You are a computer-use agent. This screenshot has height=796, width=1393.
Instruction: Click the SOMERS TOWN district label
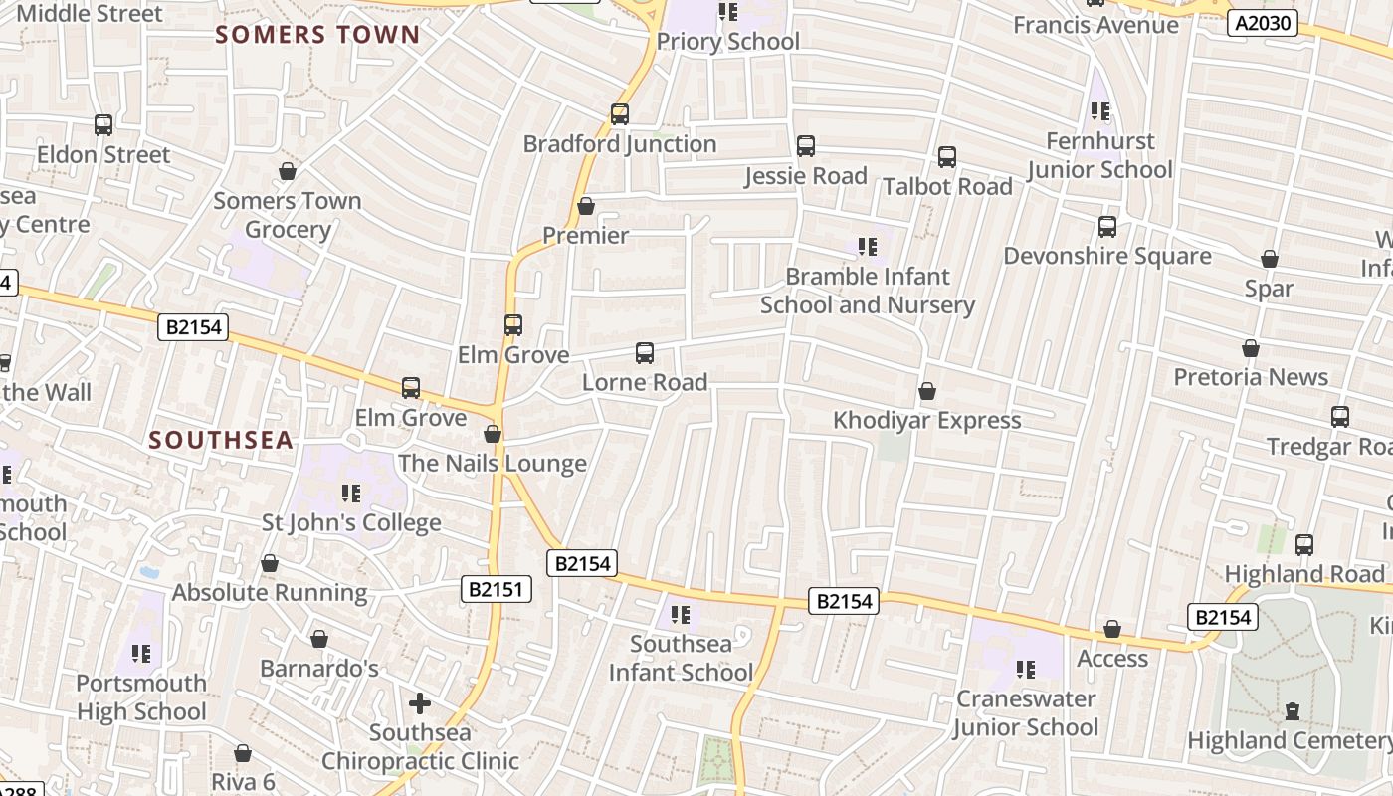[317, 35]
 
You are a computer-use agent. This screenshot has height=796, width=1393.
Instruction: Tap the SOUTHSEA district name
[221, 440]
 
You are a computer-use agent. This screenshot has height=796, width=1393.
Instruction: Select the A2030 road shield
[1262, 23]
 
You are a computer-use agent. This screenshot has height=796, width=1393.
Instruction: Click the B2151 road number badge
[497, 590]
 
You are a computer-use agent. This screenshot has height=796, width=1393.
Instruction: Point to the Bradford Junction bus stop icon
[620, 114]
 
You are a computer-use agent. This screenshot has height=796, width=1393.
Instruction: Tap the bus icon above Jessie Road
[806, 146]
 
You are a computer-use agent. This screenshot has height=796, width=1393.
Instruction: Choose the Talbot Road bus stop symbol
[947, 156]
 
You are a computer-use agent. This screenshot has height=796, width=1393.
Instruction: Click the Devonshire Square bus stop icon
[1107, 226]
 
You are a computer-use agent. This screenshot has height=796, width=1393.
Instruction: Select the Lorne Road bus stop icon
[645, 352]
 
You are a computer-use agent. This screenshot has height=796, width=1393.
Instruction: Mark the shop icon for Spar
[1270, 259]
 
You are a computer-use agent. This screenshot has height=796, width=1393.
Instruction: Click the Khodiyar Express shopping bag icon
[927, 391]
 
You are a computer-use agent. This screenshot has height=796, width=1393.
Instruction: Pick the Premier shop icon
[586, 206]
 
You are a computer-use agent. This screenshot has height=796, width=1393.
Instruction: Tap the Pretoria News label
[1251, 377]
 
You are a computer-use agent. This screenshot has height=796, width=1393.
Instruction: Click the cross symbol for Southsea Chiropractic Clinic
[420, 703]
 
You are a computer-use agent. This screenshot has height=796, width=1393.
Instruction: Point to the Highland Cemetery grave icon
[1292, 710]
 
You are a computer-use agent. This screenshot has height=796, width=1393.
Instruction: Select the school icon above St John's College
[350, 494]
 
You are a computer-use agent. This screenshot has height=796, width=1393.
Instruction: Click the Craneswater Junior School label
[1026, 713]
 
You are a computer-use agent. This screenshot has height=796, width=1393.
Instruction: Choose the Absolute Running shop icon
[270, 563]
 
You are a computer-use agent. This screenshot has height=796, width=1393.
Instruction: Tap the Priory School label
[727, 41]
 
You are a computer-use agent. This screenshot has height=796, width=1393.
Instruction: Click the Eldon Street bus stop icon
[103, 125]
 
